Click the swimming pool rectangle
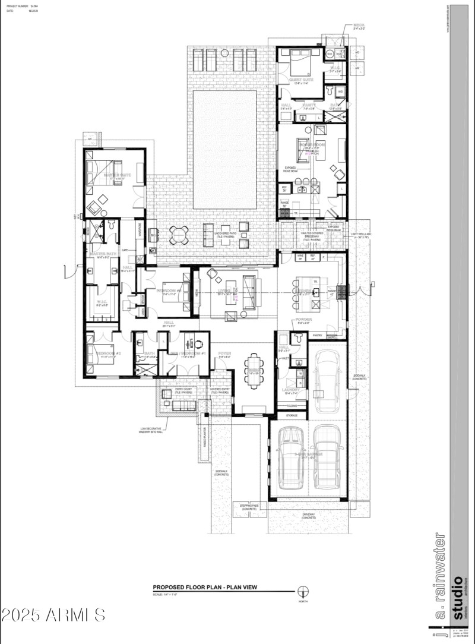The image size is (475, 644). click(224, 149)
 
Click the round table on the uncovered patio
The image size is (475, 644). click(178, 236)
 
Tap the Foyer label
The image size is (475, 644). click(224, 353)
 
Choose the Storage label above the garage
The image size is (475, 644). click(292, 416)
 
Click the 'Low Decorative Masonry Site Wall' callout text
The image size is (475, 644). click(152, 430)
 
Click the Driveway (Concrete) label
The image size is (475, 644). click(308, 516)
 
